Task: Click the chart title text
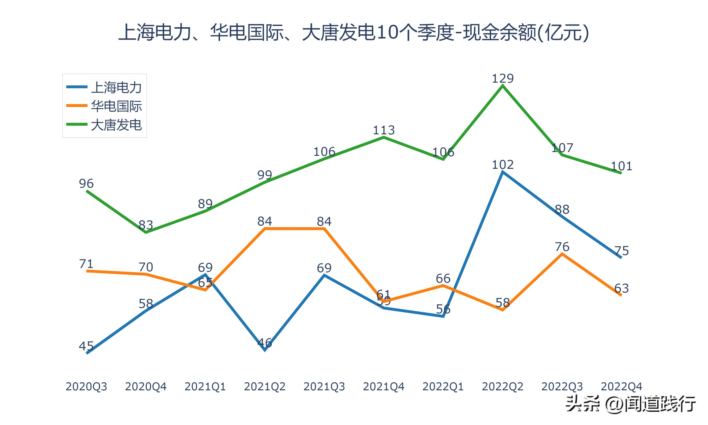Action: [354, 32]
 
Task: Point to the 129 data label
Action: [502, 78]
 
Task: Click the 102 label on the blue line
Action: [502, 165]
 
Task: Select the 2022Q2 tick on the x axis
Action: [502, 387]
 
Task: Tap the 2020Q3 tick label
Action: [86, 387]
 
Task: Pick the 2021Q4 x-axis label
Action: [383, 387]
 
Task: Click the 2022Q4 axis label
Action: [621, 387]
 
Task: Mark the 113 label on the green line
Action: [383, 130]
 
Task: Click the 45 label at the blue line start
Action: [86, 346]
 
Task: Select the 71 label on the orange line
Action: [86, 264]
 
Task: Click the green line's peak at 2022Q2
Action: [502, 86]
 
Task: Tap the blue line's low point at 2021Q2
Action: [265, 350]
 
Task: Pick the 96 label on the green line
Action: [86, 183]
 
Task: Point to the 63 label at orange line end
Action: [621, 288]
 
